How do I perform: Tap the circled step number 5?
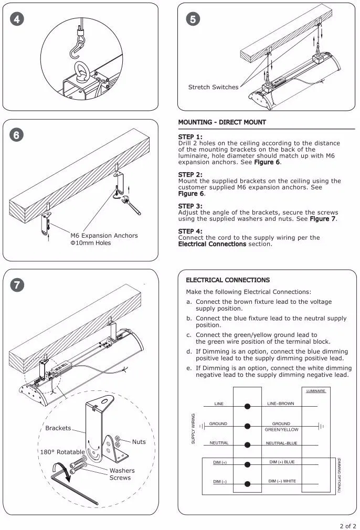coord(192,20)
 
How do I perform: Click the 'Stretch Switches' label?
coord(213,87)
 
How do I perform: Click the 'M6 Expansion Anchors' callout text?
coord(104,236)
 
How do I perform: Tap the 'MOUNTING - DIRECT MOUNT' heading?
coord(222,122)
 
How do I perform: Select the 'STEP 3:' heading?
coord(190,206)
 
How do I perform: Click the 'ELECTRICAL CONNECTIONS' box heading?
coord(228,280)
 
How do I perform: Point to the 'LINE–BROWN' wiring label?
coord(281,404)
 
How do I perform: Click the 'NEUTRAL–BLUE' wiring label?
coord(281,443)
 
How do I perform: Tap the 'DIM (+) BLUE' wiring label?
coord(282,462)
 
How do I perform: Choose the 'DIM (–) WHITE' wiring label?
coord(282,481)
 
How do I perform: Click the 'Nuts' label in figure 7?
coord(139,442)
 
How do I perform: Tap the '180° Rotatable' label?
coord(62,452)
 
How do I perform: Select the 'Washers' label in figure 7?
coord(122,471)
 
